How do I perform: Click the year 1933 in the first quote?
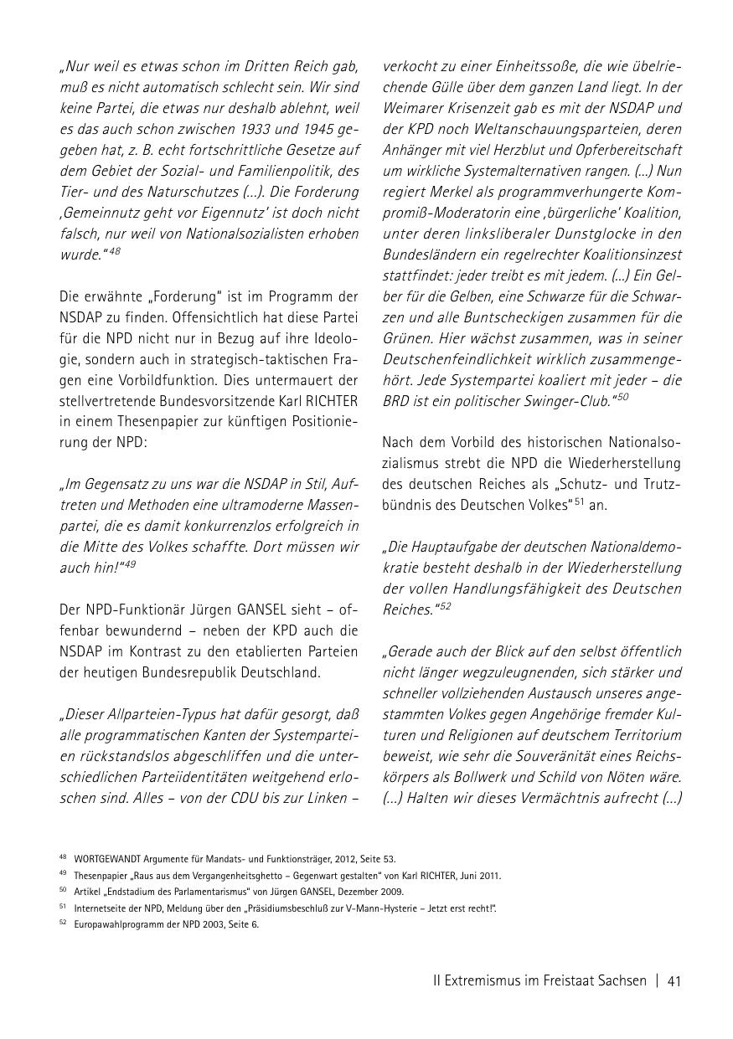(x=248, y=129)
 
